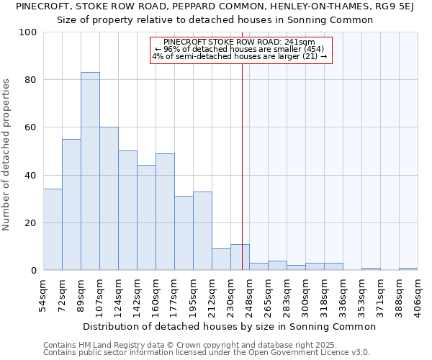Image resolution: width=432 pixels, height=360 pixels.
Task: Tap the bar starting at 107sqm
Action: coord(109,199)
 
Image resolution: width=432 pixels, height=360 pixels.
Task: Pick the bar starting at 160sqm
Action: coord(165,212)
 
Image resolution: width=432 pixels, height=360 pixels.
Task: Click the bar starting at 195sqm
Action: coord(202,230)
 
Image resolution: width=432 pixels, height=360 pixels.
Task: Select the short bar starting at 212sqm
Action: coord(221,259)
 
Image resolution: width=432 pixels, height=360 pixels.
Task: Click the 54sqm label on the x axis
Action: coord(43,295)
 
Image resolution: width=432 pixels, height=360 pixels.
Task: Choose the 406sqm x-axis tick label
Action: coord(418,295)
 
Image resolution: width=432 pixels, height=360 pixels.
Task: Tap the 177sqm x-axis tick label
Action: coord(174,295)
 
